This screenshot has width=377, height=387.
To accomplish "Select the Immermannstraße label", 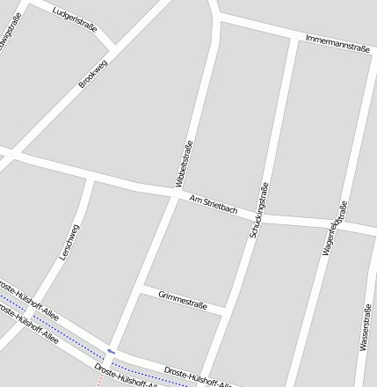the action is (337, 44).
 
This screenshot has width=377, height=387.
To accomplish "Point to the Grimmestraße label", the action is (183, 299).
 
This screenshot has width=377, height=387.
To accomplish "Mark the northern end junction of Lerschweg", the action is (91, 178).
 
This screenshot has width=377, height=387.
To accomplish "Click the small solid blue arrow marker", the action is (111, 352).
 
